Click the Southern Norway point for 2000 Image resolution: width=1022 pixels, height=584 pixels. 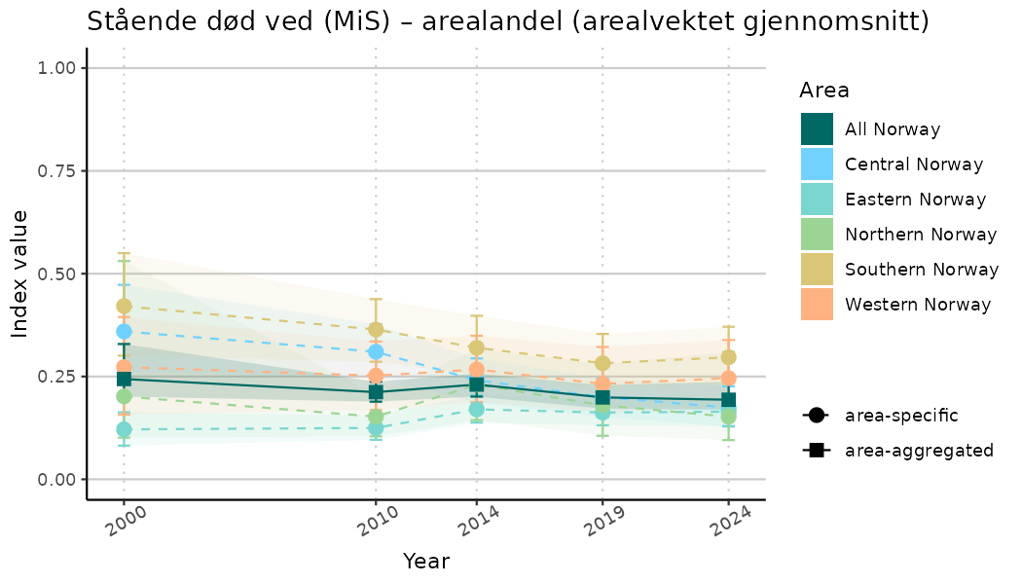coord(124,307)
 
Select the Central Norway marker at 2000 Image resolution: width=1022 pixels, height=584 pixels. coord(124,332)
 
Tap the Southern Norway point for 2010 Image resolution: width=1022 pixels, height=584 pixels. coord(376,330)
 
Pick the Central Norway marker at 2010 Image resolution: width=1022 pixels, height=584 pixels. coord(376,351)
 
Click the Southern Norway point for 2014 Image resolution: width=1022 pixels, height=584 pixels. coord(476,347)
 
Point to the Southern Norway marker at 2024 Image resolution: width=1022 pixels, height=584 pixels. coord(728,357)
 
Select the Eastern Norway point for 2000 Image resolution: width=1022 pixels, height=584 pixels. coord(124,429)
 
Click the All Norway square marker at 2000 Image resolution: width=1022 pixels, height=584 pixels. coord(124,379)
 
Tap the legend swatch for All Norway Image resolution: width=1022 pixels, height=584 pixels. coord(817,129)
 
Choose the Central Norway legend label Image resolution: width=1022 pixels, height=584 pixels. coord(914,164)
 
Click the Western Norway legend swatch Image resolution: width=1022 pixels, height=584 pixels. coord(817,305)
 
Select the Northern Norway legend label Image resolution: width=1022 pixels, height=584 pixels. coord(921,235)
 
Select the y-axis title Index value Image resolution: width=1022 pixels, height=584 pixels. coord(20,274)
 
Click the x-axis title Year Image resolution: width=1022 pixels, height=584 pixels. coord(425,562)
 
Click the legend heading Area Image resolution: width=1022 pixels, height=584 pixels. coord(823,91)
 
